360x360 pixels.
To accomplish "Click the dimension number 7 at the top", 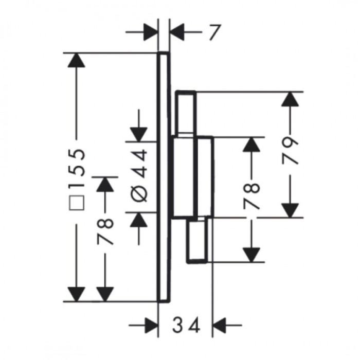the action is tap(215, 32).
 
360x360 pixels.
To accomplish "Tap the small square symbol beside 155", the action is tap(77, 203).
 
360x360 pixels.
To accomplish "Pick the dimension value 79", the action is tap(290, 151).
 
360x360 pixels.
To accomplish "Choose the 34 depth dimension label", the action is tap(186, 326).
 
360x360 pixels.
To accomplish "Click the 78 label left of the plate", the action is tap(105, 231).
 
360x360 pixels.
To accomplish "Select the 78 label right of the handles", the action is tap(251, 195).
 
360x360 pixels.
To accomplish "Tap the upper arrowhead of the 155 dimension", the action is tap(77, 60).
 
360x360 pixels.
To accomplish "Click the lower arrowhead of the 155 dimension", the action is tap(77, 294).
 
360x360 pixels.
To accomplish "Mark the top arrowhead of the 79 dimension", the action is tap(290, 99).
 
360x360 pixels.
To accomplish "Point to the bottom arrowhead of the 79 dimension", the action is tap(290, 210).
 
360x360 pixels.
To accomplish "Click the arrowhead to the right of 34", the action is tap(220, 326).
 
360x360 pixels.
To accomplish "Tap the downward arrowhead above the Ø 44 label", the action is tap(139, 135).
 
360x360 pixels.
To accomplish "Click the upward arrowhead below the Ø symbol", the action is tap(139, 220).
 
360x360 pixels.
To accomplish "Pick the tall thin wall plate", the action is tap(164, 177).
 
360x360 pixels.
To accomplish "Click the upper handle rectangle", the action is tap(186, 113).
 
